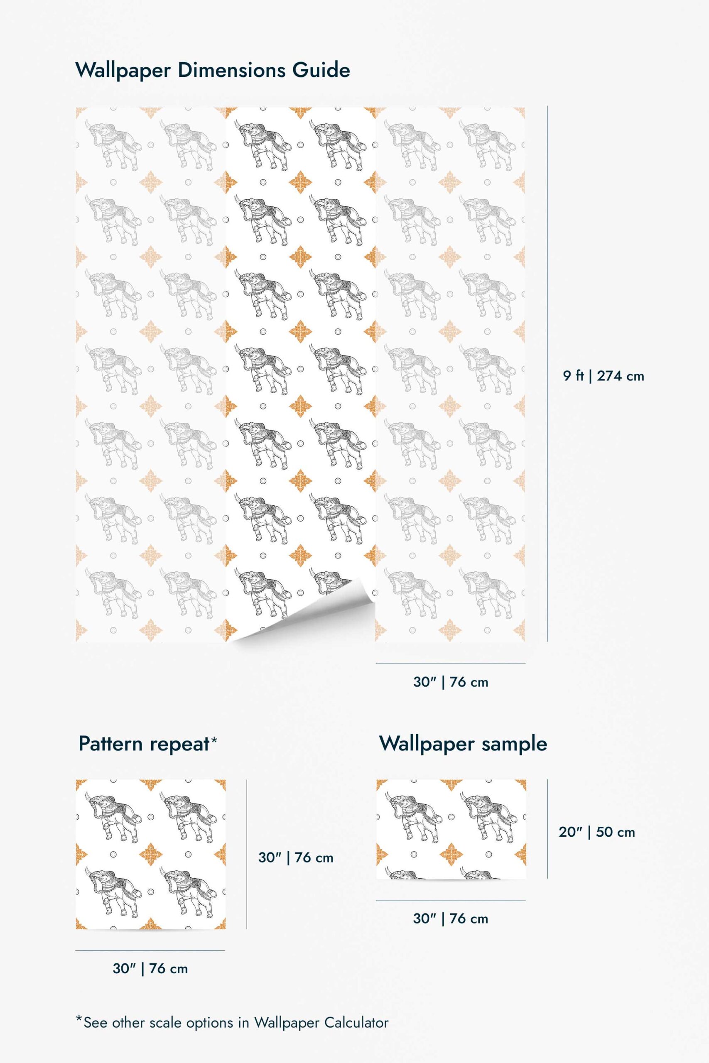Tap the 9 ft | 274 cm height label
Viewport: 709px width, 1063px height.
point(603,376)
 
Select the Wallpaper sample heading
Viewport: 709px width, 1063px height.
point(463,743)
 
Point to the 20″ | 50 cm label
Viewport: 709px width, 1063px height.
point(597,832)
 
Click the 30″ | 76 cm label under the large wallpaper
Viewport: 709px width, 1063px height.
point(451,682)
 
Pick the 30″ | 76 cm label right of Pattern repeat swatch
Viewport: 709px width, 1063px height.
point(296,857)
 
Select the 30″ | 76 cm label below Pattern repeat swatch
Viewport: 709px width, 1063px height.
point(150,969)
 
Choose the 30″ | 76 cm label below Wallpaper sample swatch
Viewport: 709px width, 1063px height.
point(451,918)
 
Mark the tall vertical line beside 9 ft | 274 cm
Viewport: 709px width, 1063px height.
point(547,374)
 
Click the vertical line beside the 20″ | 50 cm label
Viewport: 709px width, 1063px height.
point(547,829)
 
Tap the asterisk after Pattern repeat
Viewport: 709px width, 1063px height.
point(214,740)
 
